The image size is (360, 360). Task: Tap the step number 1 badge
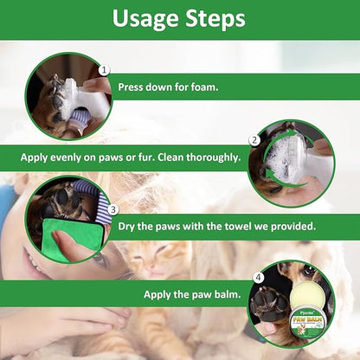point(104,70)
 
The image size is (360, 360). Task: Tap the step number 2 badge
point(254,139)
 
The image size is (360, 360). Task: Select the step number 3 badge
point(112,209)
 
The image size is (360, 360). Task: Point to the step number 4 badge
point(257,278)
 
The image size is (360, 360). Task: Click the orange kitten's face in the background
point(160,259)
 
